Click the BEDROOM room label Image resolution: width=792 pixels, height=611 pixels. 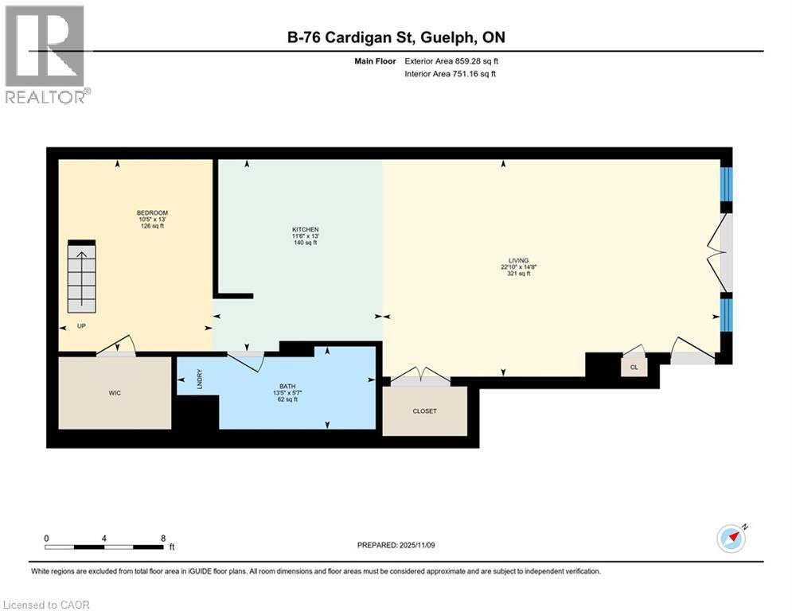152,213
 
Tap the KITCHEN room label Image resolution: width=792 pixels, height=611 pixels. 305,230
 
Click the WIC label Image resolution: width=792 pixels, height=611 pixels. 115,393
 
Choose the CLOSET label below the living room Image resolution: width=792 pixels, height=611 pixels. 424,411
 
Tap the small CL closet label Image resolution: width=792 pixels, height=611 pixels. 634,368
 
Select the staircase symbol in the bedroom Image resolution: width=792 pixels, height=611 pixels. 81,277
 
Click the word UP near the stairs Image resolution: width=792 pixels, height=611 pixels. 81,326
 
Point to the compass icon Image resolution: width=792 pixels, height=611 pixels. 732,539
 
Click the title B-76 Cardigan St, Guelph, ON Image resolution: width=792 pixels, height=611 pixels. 396,37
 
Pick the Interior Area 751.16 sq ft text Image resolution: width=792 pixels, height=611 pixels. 451,74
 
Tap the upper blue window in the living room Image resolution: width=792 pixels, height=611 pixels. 725,185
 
